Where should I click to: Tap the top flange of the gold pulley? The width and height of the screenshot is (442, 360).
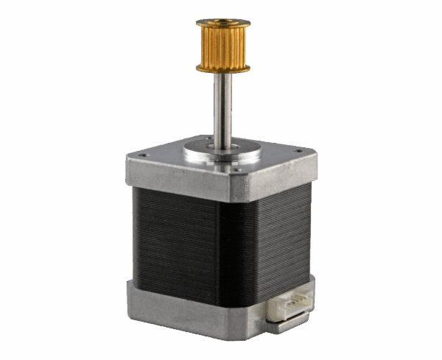222,24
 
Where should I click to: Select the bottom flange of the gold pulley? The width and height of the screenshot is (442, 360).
222,69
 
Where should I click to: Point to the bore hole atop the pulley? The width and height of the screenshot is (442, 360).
222,21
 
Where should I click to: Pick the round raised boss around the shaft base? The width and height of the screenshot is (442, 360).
222,153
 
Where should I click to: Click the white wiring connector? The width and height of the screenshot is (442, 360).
292,304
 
